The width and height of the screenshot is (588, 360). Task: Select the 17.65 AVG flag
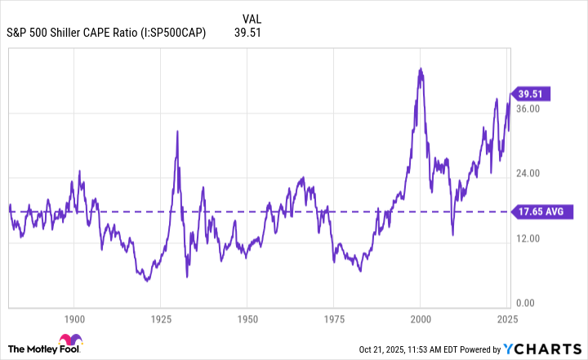(x=540, y=212)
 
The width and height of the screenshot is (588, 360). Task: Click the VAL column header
(x=253, y=17)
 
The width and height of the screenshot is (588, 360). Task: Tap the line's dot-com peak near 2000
(x=420, y=69)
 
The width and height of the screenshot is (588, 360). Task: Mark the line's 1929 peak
(x=176, y=131)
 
